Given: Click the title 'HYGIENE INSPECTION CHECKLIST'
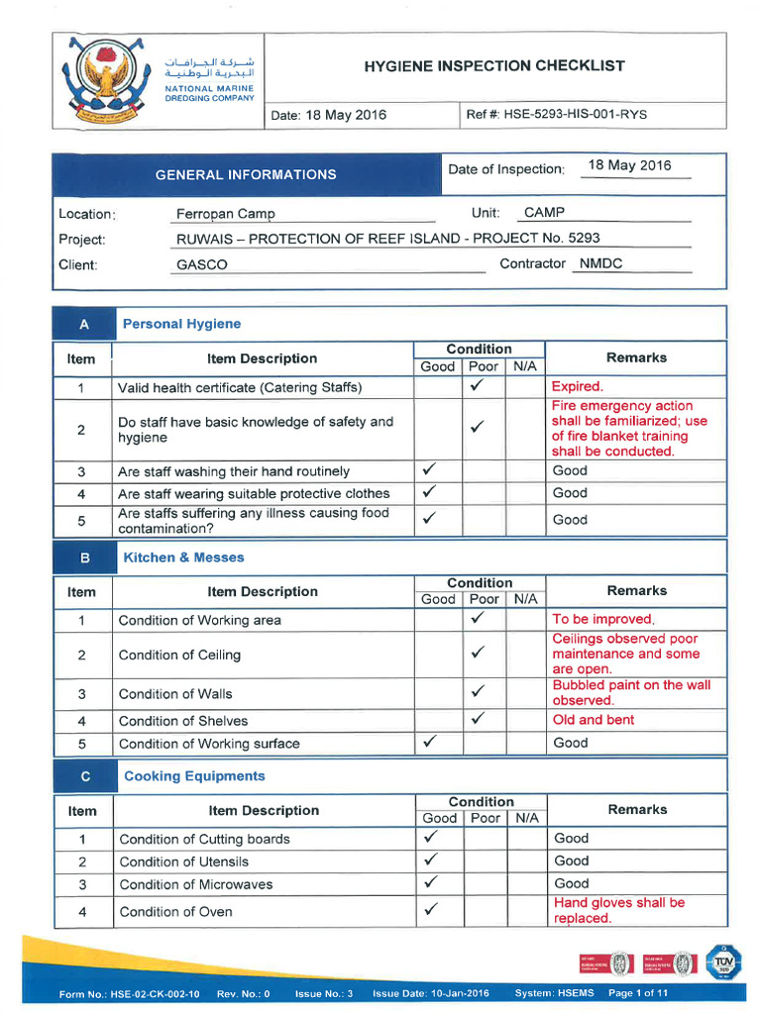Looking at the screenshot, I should tap(494, 66).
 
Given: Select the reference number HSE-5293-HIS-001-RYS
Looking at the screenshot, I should tap(575, 114).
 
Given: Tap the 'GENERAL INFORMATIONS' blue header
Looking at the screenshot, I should tap(246, 174).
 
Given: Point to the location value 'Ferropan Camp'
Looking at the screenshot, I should tap(226, 214).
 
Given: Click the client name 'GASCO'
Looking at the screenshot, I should tap(202, 265).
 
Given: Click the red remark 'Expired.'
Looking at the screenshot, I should tap(577, 386).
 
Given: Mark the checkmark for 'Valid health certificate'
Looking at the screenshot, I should tap(477, 386).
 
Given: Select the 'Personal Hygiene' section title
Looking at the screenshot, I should tap(181, 324).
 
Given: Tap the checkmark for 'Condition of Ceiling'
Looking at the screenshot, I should tap(478, 654).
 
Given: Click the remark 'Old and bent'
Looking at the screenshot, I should tap(594, 720).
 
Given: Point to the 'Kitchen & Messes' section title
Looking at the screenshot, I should tap(183, 558).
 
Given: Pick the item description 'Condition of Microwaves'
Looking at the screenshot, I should tap(196, 884).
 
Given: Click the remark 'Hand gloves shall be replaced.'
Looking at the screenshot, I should tap(618, 910).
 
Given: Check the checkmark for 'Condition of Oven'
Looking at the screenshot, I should tap(430, 909).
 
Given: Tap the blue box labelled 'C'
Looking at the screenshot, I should tap(84, 776).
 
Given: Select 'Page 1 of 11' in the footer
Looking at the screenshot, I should tap(638, 993).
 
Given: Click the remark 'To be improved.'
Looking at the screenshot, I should tap(602, 619).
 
